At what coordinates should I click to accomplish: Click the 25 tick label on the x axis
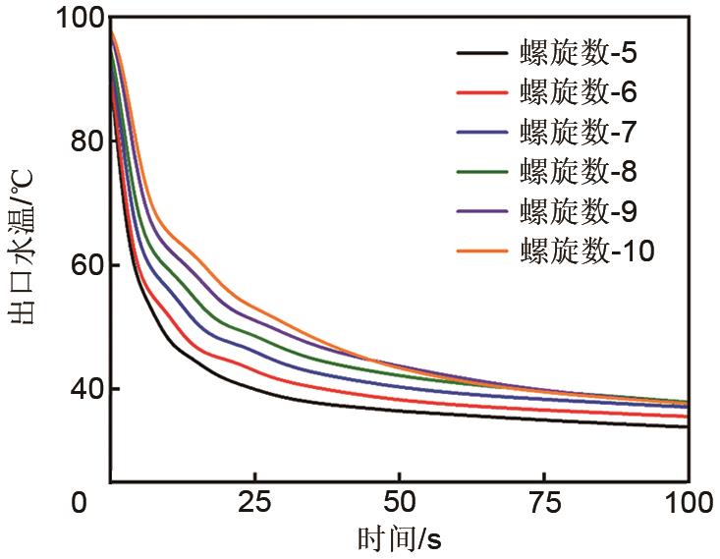(253, 503)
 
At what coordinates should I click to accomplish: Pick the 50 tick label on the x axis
(399, 503)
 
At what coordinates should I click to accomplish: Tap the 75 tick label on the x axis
(543, 503)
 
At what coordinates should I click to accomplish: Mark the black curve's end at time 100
(687, 426)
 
